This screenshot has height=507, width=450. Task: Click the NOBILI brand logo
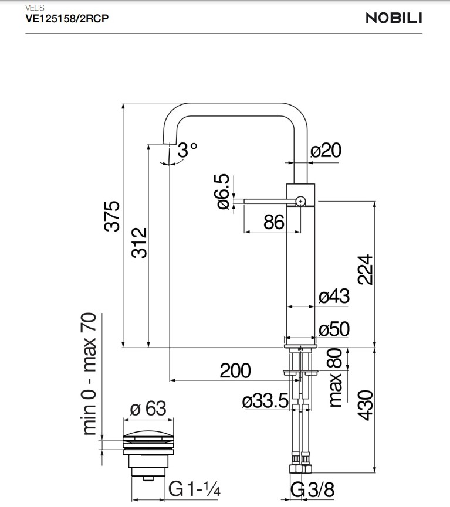[x=394, y=18]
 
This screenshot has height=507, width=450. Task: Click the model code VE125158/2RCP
[x=66, y=18]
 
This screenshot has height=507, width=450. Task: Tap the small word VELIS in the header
[x=35, y=8]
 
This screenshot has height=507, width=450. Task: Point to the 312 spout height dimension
[x=138, y=243]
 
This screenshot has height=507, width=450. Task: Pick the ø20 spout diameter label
[x=326, y=151]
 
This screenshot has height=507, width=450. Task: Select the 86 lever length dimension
[x=273, y=222]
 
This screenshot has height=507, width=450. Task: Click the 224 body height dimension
[x=366, y=269]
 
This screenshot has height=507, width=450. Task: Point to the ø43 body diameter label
[x=334, y=297]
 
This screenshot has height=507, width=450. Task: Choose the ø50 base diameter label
[x=334, y=329]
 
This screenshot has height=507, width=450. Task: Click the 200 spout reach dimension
[x=235, y=370]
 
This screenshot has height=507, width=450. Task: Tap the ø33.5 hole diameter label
[x=265, y=401]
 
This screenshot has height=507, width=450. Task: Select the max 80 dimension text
[x=335, y=378]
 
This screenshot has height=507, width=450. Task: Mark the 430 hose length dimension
[x=366, y=405]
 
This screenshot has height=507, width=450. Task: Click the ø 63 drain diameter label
[x=148, y=408]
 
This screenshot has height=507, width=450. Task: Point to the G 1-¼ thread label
[x=194, y=488]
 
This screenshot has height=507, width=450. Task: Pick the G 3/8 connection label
[x=313, y=489]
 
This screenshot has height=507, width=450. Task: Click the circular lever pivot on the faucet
[x=300, y=201]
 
